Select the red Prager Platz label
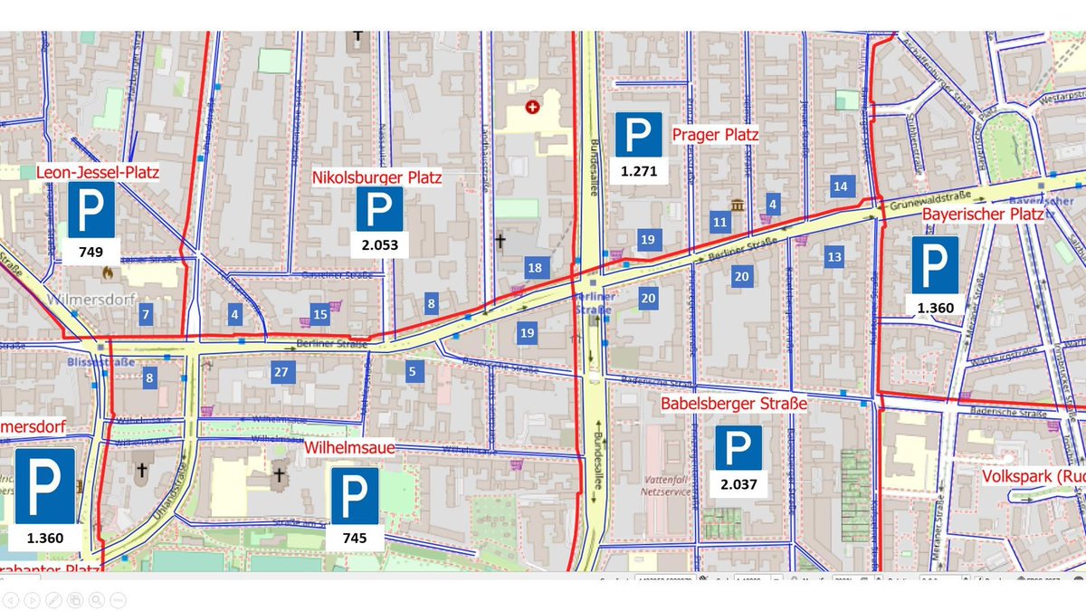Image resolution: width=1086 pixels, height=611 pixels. (715, 135)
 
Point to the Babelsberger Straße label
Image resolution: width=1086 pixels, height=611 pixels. (733, 404)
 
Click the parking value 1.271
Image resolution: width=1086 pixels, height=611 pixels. (639, 169)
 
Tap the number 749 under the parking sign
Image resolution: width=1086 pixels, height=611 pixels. (91, 252)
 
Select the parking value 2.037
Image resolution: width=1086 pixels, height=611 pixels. (738, 483)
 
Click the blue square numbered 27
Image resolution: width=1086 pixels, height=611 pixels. (281, 371)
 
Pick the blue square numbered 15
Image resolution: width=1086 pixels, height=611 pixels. (319, 314)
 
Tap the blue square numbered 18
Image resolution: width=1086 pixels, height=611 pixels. (535, 267)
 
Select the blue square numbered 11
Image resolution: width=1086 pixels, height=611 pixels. (719, 222)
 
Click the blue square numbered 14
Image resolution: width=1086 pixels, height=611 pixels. (841, 186)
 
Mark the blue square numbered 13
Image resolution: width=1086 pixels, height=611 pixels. (834, 257)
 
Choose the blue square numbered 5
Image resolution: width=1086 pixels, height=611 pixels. (414, 370)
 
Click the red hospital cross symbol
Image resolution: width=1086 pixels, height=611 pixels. (533, 107)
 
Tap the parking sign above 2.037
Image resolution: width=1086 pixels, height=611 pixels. (738, 447)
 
